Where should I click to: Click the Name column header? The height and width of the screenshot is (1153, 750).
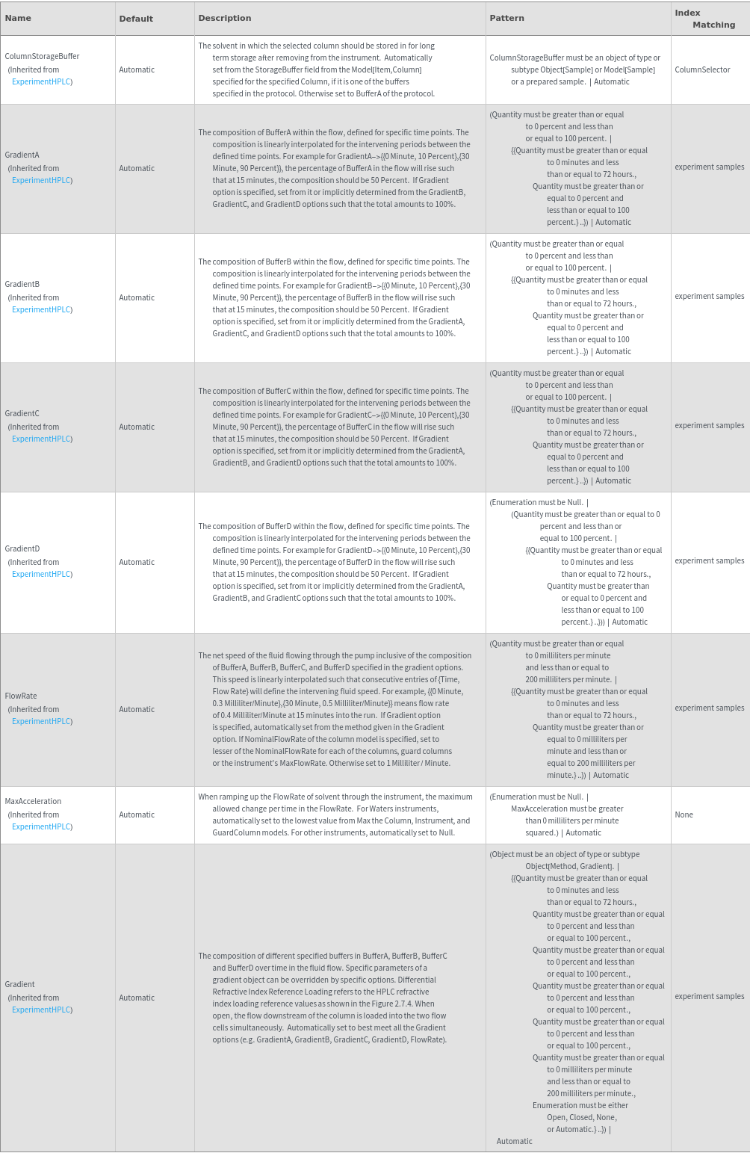tap(18, 18)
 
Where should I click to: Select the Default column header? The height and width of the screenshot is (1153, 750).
tap(136, 19)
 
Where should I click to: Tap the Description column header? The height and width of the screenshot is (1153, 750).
tap(225, 18)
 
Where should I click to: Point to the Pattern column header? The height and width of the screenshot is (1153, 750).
tap(506, 18)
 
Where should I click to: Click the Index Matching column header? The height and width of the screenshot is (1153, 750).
tap(704, 19)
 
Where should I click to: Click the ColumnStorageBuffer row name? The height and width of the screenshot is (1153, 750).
tap(42, 56)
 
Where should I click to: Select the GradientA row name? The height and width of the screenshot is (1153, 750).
tap(22, 155)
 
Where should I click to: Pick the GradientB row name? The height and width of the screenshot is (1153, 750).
tap(22, 284)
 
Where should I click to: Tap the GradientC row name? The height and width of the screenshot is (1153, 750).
tap(22, 413)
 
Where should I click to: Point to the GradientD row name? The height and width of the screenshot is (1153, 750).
tap(22, 548)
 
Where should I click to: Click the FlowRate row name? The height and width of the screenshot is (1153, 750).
tap(21, 696)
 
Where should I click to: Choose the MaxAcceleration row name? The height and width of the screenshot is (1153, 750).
tap(33, 801)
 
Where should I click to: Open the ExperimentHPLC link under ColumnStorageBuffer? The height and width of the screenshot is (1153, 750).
tap(42, 81)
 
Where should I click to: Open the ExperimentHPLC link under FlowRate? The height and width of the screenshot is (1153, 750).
tap(42, 721)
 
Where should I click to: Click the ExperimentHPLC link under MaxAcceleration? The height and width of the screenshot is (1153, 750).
tap(42, 826)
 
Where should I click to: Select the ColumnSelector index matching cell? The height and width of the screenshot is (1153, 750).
tap(702, 69)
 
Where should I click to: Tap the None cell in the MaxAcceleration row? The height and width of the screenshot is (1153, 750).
tap(684, 814)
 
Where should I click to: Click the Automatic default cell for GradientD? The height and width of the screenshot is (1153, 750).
tap(137, 562)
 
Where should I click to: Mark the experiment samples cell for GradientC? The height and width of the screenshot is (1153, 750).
tap(709, 425)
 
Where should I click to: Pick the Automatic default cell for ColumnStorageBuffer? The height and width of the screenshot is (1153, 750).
tap(137, 69)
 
